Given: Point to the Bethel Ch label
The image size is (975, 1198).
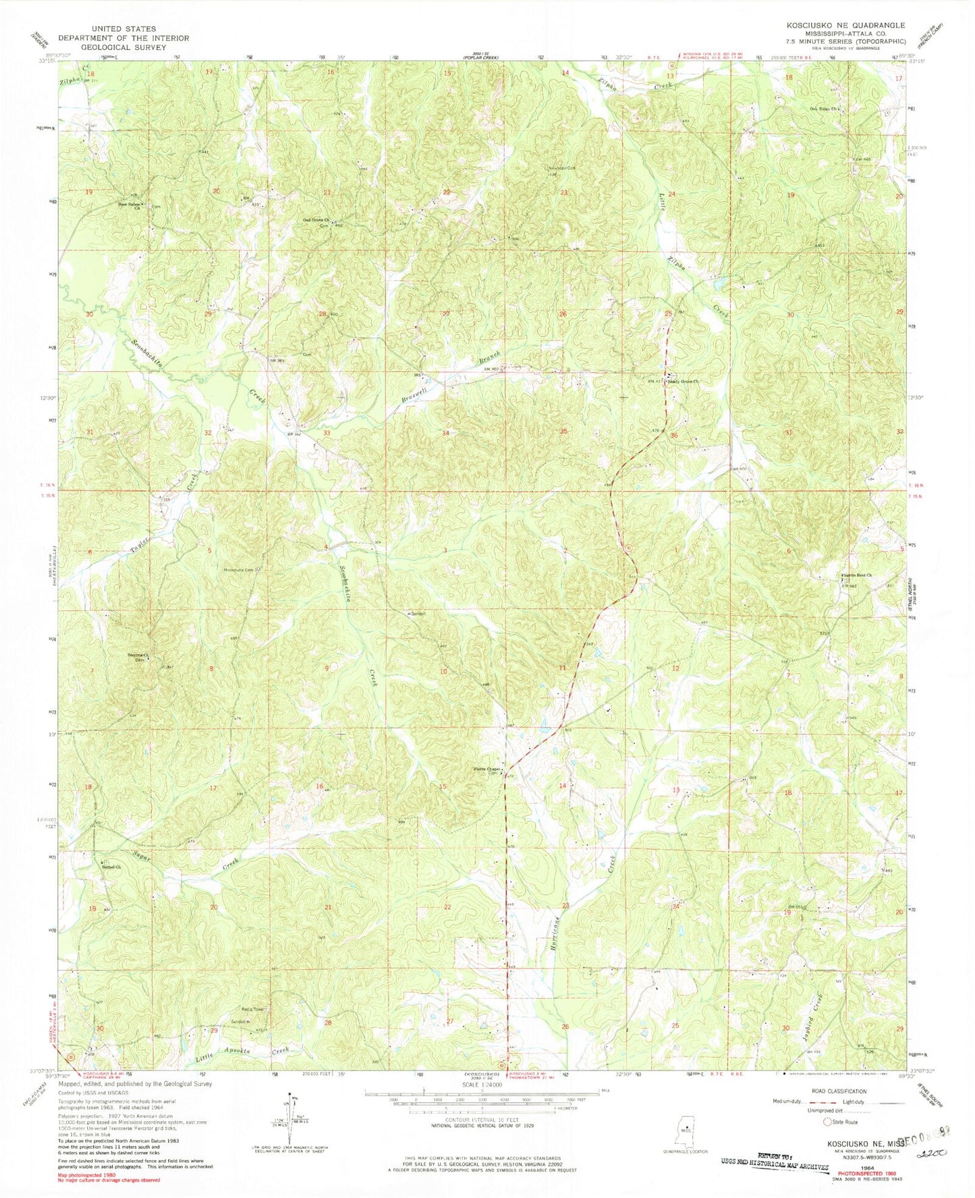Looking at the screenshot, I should click(111, 867).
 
